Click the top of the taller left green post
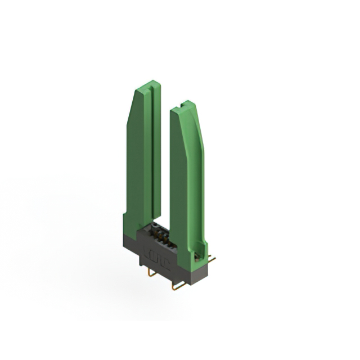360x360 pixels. (148, 86)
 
